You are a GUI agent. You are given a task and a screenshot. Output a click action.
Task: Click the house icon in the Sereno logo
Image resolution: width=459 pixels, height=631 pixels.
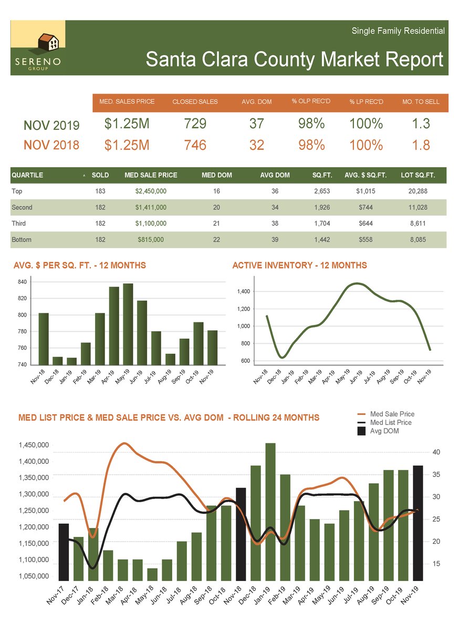click(x=48, y=42)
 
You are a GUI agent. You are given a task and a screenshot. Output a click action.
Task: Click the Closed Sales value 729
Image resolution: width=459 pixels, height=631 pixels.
click(x=195, y=124)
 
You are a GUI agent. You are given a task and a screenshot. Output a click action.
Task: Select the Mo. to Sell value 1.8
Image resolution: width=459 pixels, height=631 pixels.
click(x=421, y=145)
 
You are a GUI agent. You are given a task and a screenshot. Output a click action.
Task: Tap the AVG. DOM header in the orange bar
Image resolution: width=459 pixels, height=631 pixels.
click(x=256, y=101)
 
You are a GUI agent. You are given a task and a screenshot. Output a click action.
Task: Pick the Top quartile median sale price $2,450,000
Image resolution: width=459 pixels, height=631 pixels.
click(x=151, y=191)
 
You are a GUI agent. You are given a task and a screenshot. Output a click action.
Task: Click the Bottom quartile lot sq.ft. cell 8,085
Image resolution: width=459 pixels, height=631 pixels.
click(x=418, y=240)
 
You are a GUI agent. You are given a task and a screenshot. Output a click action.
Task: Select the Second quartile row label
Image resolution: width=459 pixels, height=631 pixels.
click(x=22, y=208)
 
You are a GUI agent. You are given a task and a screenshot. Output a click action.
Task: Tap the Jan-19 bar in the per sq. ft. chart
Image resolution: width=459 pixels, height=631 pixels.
click(x=71, y=361)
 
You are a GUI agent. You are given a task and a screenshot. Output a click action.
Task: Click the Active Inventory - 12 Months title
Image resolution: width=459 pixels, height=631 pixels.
click(x=299, y=266)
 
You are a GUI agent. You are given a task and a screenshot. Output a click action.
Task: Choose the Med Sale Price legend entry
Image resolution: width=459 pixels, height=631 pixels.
click(x=391, y=414)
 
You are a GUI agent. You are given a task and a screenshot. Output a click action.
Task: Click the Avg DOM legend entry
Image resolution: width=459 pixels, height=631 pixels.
click(x=384, y=431)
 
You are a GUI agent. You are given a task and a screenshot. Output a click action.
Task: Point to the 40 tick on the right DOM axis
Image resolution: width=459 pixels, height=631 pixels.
click(x=429, y=452)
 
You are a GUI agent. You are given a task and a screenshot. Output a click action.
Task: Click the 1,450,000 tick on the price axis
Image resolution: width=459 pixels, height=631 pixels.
click(x=34, y=445)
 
